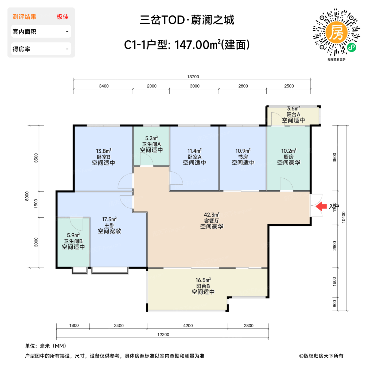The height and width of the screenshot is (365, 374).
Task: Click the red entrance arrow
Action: tap(322, 206)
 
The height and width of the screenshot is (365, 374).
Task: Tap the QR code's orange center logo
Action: tap(336, 32)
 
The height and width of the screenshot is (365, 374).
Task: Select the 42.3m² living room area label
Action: tap(212, 215)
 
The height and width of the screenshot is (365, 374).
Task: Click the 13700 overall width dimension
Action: tap(193, 77)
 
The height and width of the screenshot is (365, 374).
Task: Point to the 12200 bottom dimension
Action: tap(163, 335)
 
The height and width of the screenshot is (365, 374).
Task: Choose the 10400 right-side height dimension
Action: tap(344, 217)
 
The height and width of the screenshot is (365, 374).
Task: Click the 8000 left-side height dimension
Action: tap(27, 196)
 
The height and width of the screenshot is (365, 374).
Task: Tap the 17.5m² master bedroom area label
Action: tap(109, 219)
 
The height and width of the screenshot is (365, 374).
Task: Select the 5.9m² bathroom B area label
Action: tap(73, 235)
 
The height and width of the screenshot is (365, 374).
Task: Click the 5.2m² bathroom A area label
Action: tap(151, 138)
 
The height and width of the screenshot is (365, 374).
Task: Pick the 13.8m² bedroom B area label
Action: tap(103, 151)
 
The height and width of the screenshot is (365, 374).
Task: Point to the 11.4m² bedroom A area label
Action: tap(194, 151)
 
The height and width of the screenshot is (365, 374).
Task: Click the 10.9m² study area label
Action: tap(243, 151)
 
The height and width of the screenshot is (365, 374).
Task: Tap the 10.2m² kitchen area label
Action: tap(289, 151)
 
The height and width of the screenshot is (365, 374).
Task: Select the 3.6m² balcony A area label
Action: tap(293, 109)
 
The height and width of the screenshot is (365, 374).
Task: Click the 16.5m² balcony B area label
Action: tap(203, 280)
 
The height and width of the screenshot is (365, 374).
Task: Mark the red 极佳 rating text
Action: tap(63, 17)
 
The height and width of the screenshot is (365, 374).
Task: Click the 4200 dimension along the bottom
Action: tap(188, 325)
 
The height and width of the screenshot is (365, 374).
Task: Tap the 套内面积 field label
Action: tap(24, 32)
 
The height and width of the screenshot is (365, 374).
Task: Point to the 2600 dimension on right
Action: tap(334, 246)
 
